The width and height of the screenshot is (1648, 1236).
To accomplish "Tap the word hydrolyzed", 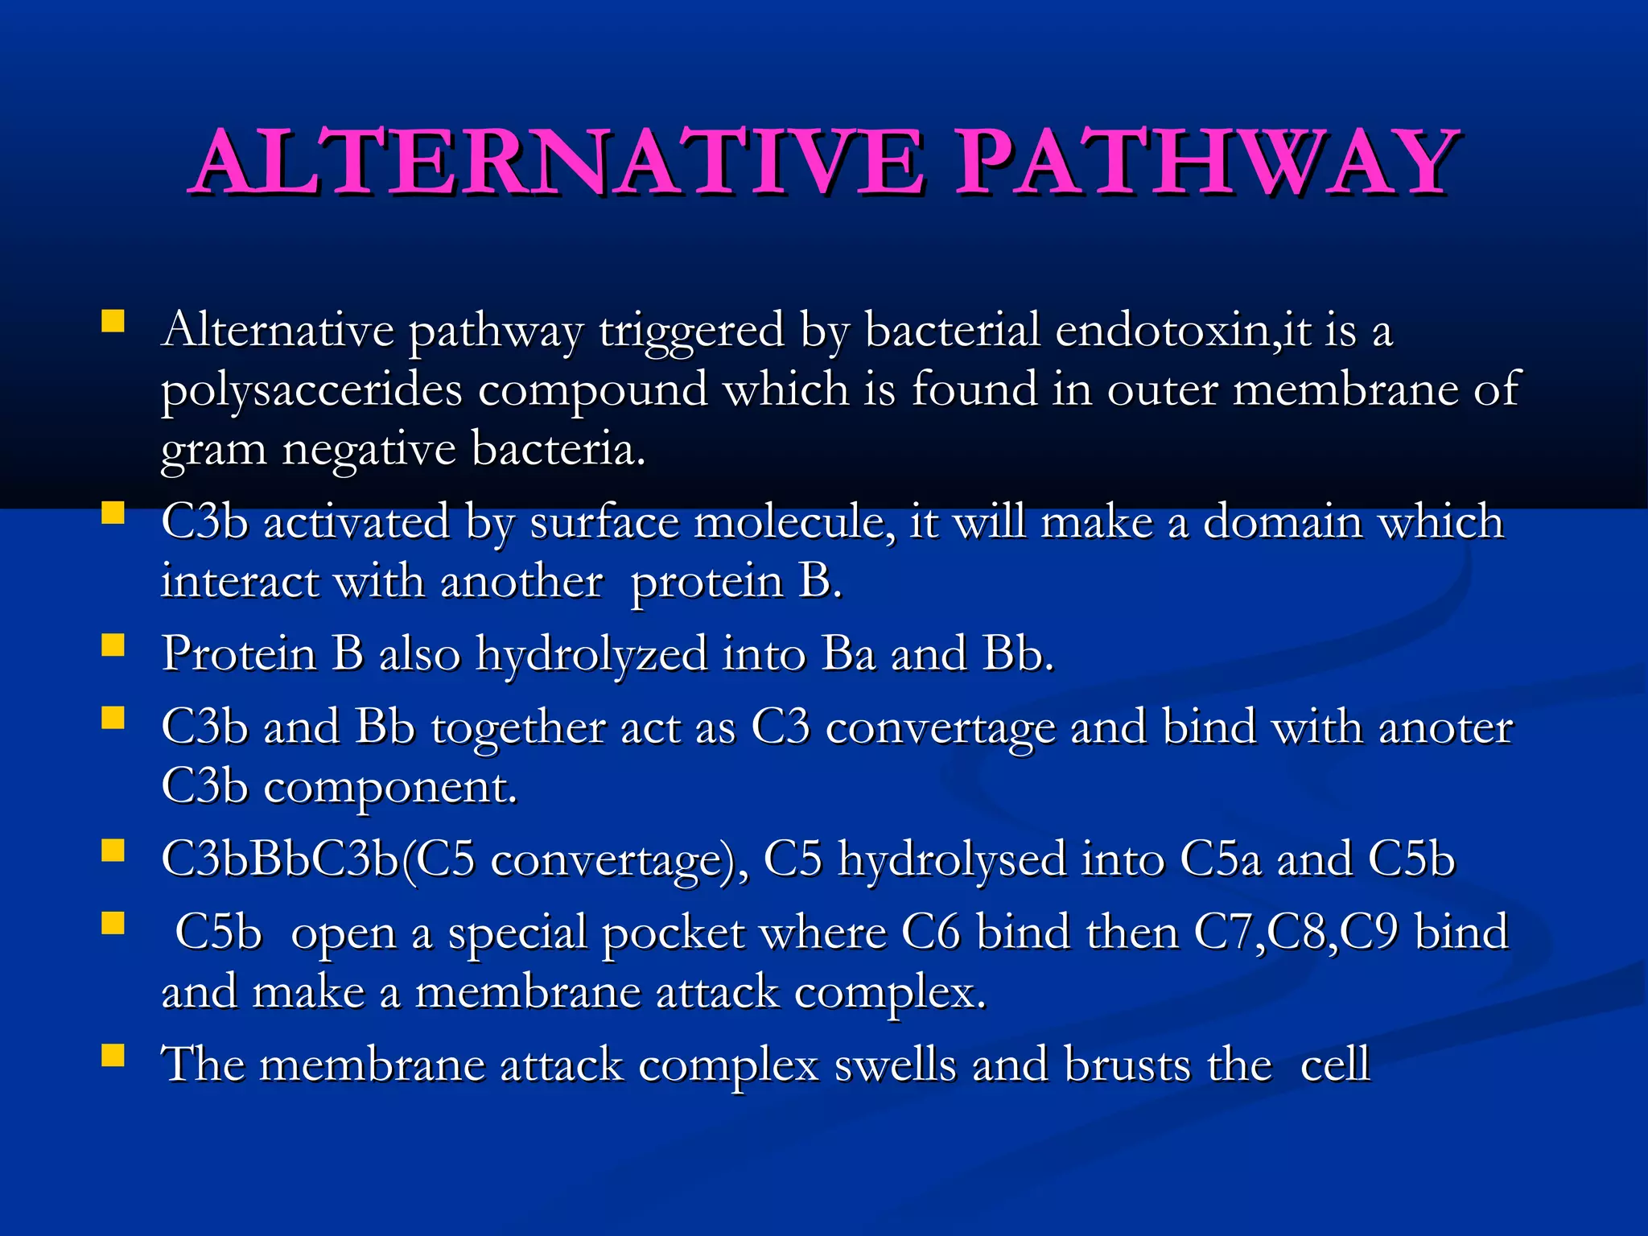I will pos(591,653).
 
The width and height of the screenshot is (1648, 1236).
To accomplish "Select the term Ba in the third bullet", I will pos(848,653).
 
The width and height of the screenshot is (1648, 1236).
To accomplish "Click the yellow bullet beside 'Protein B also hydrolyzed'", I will pos(113,645).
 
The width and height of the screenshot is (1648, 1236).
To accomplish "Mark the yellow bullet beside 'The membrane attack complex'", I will pos(113,1055).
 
